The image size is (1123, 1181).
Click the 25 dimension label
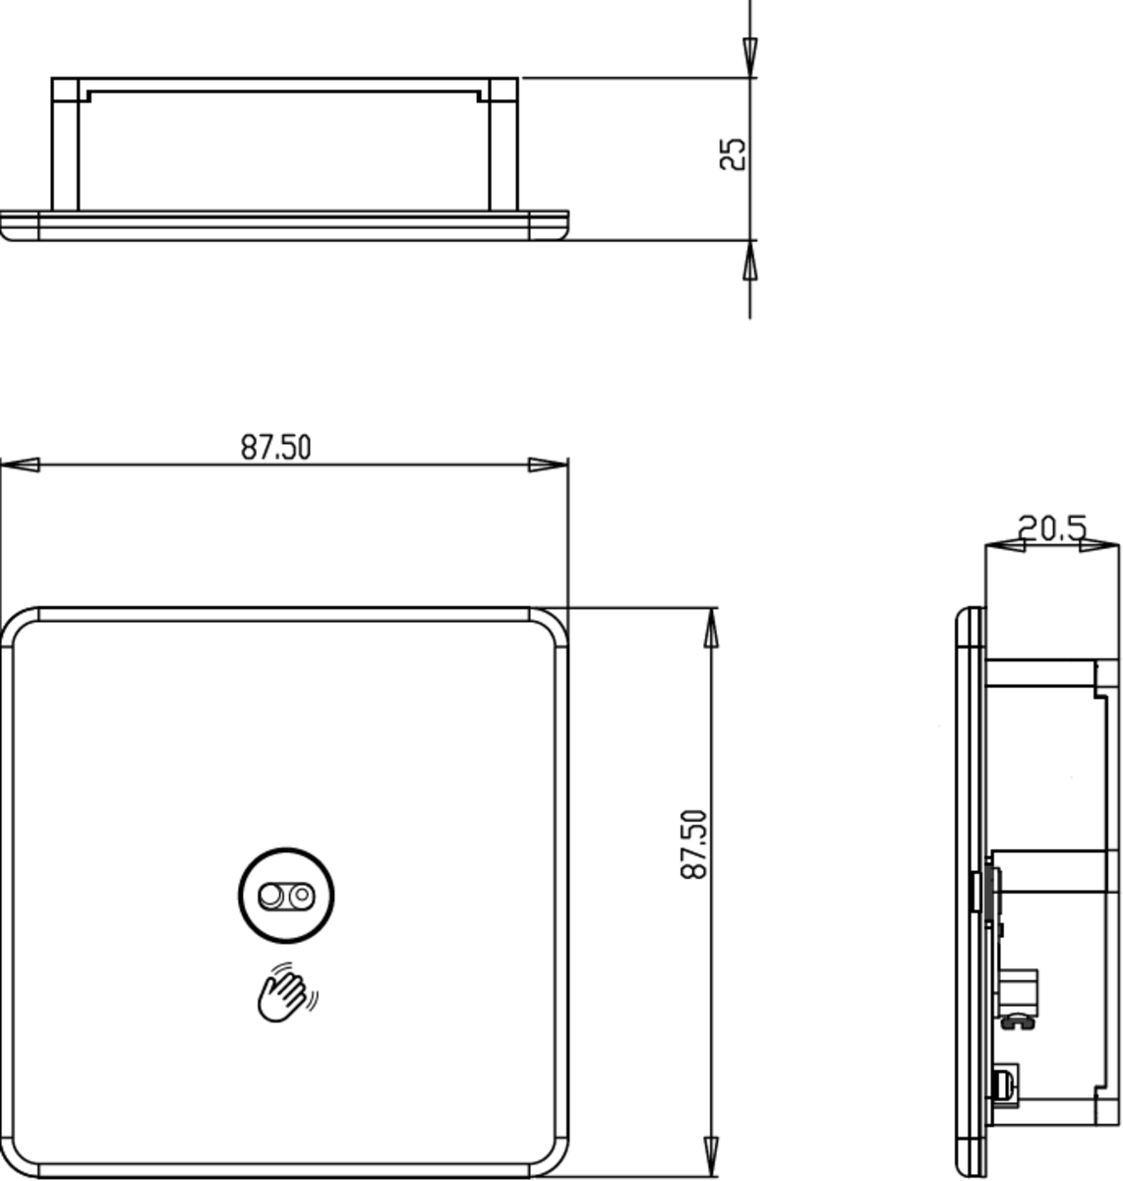[x=733, y=155]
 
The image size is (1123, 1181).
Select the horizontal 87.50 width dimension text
[x=276, y=448]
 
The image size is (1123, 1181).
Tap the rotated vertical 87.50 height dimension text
[x=693, y=843]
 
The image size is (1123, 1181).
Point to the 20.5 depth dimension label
[x=1052, y=528]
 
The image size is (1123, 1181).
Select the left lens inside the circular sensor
[x=269, y=896]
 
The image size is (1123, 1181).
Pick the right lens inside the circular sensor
[x=301, y=896]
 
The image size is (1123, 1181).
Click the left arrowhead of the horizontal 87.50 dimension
[x=20, y=465]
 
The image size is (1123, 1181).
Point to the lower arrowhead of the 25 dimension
[x=750, y=262]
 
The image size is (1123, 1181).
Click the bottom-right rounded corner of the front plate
[x=551, y=1155]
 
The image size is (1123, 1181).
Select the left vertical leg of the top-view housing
[x=65, y=148]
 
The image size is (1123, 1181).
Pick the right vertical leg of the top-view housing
[x=503, y=148]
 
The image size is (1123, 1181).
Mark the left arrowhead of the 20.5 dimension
[x=1000, y=543]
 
